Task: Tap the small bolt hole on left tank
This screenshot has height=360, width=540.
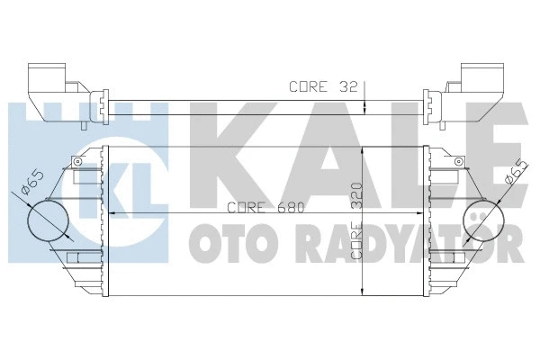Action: point(78,161)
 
